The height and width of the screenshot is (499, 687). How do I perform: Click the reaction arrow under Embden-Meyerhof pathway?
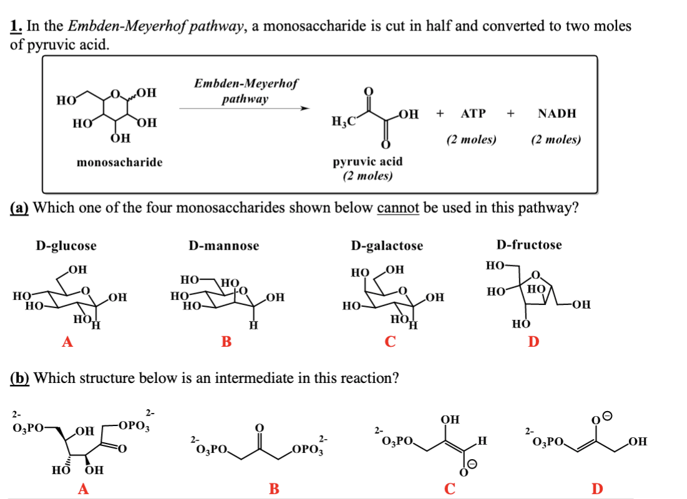tap(245, 108)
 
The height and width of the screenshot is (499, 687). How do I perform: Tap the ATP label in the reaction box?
tap(473, 114)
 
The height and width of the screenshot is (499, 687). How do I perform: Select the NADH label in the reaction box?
tap(557, 114)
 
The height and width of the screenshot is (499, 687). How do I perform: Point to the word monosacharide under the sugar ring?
tap(120, 163)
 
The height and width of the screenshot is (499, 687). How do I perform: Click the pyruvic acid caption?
tap(368, 162)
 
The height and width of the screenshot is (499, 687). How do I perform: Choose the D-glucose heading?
tap(66, 246)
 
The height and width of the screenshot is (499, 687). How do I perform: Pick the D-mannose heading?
tap(224, 246)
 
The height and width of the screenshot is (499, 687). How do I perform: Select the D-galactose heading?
tap(387, 246)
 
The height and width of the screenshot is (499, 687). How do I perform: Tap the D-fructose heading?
tap(529, 245)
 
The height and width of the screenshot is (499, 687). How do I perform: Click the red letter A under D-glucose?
tap(67, 341)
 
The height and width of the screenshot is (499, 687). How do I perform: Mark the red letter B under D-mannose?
tap(226, 341)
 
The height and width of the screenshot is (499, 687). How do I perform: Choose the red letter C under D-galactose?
tap(390, 341)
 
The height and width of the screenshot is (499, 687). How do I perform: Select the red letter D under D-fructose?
tap(534, 341)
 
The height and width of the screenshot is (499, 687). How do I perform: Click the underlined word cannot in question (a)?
tap(398, 207)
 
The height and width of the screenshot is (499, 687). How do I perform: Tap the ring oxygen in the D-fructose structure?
tap(535, 275)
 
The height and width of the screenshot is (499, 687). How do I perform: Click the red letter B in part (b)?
tap(274, 488)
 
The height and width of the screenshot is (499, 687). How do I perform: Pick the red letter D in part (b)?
tap(597, 488)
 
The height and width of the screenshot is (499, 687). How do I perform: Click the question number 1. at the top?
tap(16, 26)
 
